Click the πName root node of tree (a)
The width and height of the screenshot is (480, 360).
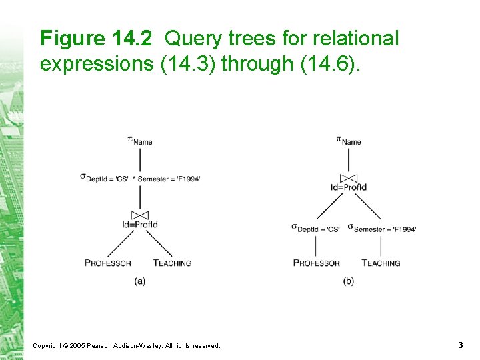tap(140, 140)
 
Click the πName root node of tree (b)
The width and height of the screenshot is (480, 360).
tap(349, 140)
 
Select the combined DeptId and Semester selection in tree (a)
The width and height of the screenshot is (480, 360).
tap(140, 178)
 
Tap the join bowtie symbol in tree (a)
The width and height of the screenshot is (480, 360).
tap(140, 215)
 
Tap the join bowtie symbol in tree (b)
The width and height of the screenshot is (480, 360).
tap(349, 178)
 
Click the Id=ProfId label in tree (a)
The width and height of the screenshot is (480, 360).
tap(140, 225)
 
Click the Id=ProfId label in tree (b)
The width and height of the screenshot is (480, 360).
tap(349, 187)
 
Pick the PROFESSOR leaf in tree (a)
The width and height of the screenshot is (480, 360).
tap(108, 263)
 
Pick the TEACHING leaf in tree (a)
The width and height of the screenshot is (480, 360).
tap(172, 263)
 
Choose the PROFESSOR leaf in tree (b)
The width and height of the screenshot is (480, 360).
tap(317, 263)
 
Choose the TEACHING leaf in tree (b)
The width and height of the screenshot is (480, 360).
tap(381, 263)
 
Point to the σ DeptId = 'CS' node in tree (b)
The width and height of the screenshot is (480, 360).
tap(316, 228)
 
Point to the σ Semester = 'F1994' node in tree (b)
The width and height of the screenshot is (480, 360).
tap(382, 228)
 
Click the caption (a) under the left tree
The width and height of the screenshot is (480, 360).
tap(140, 281)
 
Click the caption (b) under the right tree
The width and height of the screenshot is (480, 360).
tap(349, 281)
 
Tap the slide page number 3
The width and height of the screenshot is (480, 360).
tap(461, 345)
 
